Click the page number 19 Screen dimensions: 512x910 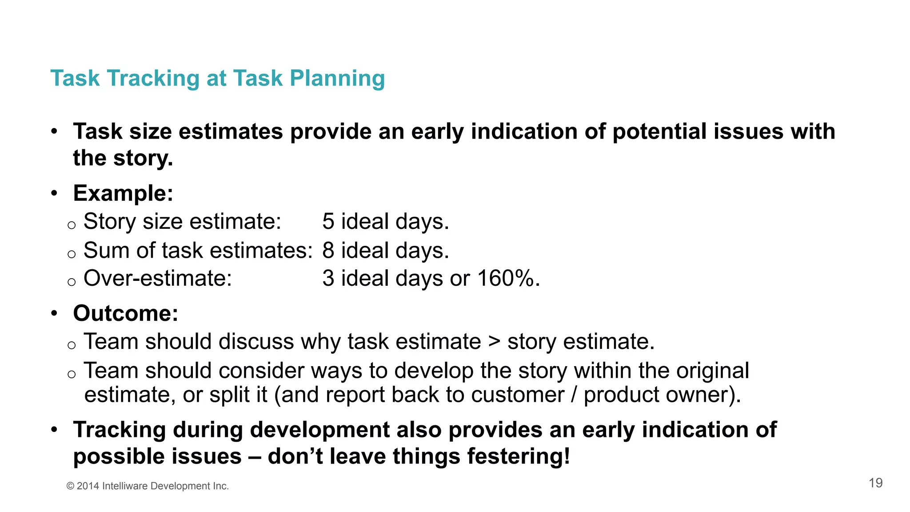click(x=875, y=483)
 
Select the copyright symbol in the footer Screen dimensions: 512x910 click(x=70, y=486)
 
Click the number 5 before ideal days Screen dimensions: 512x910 click(x=328, y=221)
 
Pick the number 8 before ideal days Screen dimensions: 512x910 click(x=328, y=250)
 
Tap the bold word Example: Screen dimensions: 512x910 click(x=123, y=193)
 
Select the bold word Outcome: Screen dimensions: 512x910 click(x=126, y=313)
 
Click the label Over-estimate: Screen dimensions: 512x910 click(x=158, y=279)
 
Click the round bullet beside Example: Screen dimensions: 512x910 click(x=54, y=194)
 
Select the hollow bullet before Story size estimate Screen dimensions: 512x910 click(x=72, y=225)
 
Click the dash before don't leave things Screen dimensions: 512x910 click(x=255, y=457)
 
